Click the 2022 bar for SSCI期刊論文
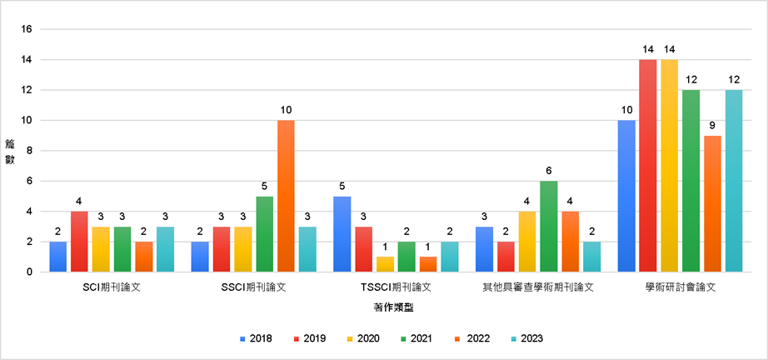pos(286,196)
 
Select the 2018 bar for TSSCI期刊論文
pos(342,234)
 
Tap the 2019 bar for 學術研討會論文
pos(648,166)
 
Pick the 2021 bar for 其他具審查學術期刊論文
pos(549,227)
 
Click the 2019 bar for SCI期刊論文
pos(79,242)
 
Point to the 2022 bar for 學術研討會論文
pos(712,204)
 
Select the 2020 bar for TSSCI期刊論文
pos(385,264)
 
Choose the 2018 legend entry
pos(255,338)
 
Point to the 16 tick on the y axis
pos(27,29)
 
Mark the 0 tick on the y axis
pos(29,272)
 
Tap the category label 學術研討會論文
pos(680,287)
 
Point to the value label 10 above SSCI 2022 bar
pos(286,110)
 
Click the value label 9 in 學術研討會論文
pos(712,125)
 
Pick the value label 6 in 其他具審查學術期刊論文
pos(549,171)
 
